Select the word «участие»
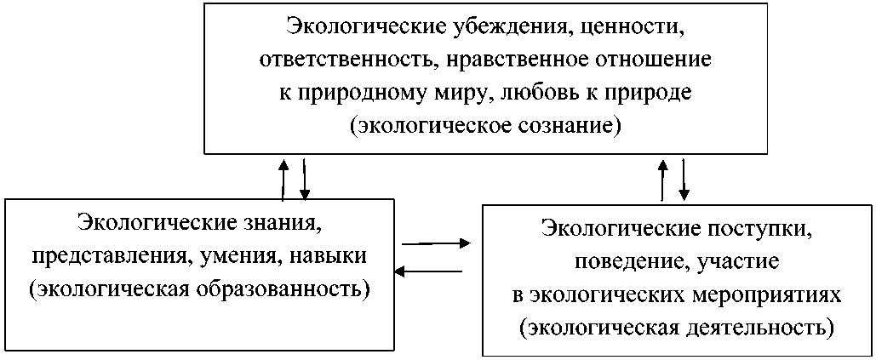[736, 261]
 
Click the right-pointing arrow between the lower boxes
[436, 243]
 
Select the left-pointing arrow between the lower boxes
[429, 271]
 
